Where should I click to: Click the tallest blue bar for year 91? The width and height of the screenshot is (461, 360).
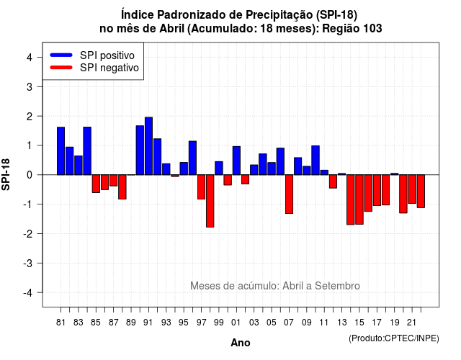tap(148, 146)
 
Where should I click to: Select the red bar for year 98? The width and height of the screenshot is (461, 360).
tap(210, 201)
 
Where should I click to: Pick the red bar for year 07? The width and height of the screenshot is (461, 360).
tap(289, 194)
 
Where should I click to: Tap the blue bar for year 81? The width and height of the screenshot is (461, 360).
tap(61, 151)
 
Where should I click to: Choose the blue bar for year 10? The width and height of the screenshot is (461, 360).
tap(315, 160)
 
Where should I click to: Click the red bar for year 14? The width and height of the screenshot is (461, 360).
tap(351, 200)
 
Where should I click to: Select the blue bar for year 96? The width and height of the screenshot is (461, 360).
tap(192, 158)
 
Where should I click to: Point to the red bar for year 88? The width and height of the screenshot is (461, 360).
tap(122, 187)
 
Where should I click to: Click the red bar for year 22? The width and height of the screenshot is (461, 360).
tap(421, 192)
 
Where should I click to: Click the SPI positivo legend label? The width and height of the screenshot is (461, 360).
tap(107, 55)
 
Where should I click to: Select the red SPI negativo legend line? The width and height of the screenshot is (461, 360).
tap(61, 68)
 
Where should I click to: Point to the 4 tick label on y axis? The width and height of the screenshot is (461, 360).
tap(30, 58)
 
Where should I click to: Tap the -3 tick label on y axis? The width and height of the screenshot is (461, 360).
tap(27, 264)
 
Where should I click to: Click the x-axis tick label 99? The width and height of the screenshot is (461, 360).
tap(219, 323)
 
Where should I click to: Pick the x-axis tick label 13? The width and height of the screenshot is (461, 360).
tap(341, 323)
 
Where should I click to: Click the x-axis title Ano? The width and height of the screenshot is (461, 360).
tap(241, 343)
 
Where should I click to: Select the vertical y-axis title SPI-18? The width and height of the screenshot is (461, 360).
tap(6, 174)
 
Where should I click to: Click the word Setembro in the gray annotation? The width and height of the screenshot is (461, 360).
tap(337, 286)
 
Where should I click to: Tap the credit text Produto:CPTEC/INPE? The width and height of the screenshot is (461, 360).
tap(394, 338)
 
